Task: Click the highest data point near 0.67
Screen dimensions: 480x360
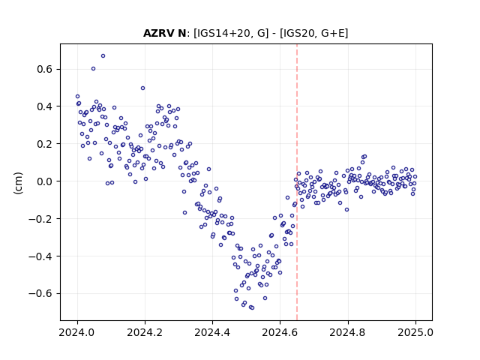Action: pos(103,55)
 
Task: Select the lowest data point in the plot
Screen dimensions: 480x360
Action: pos(252,307)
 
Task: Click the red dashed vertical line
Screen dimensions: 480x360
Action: pos(297,182)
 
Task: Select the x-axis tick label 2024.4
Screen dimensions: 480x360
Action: pos(212,332)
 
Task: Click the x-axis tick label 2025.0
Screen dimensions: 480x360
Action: pos(415,332)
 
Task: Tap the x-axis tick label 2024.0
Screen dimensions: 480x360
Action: pos(77,332)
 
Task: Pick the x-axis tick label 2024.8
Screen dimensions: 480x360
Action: pos(348,332)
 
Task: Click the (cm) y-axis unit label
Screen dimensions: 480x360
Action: pos(18,183)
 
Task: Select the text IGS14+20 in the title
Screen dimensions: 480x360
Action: pos(224,33)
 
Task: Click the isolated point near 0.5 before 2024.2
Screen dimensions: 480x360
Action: pos(142,88)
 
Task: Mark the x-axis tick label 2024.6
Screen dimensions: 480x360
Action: pos(280,332)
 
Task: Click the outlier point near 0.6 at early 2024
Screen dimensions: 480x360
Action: pos(93,68)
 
